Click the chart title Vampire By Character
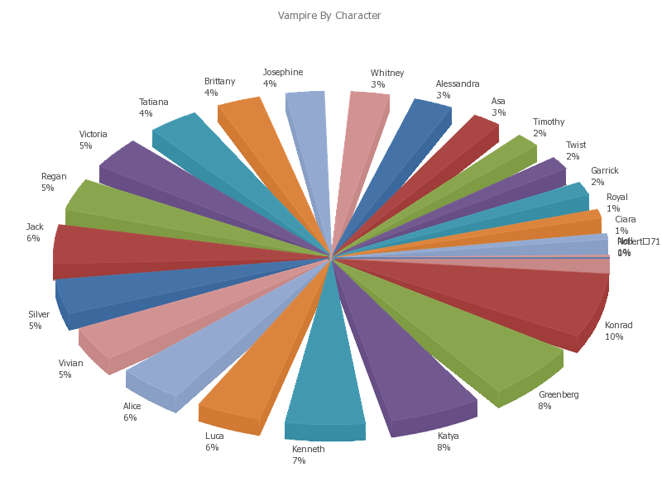(x=329, y=16)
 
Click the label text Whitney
(x=387, y=74)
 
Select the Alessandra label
(x=458, y=84)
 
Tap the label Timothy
(x=549, y=122)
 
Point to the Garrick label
(x=604, y=171)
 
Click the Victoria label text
(x=94, y=135)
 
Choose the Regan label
(x=54, y=177)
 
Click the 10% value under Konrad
(x=614, y=336)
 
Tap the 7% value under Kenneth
(x=299, y=460)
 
